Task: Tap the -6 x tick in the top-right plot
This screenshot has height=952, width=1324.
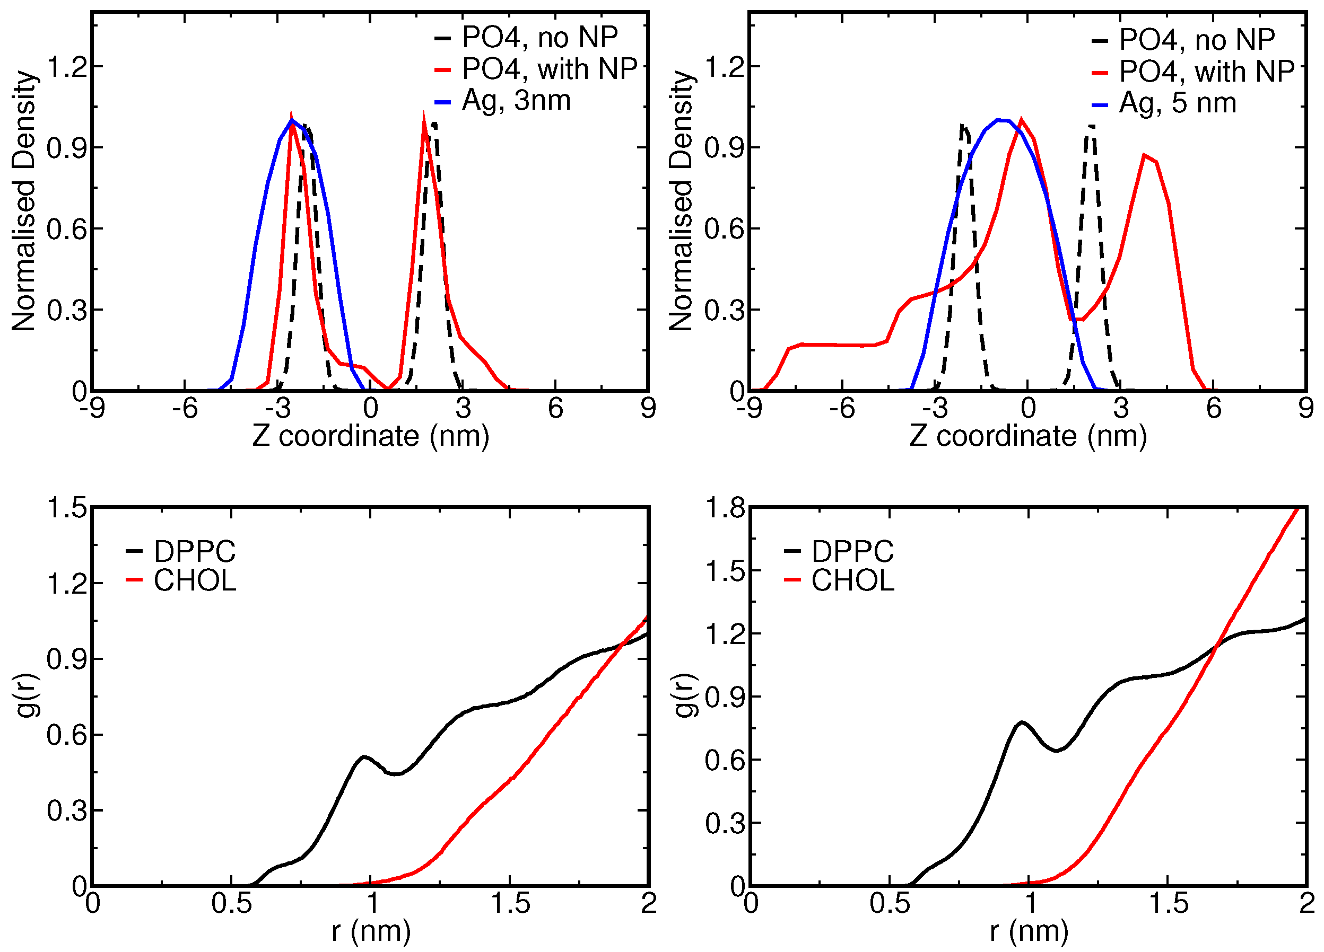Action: pos(842,408)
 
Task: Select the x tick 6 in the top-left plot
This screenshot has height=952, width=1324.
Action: pos(555,408)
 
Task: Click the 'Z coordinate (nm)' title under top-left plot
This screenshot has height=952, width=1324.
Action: pos(371,436)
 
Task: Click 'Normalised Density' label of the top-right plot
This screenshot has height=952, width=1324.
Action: pos(681,201)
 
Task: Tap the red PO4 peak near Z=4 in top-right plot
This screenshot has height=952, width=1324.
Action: pos(1145,155)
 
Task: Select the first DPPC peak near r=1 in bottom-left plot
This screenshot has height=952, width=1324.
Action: pos(364,756)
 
